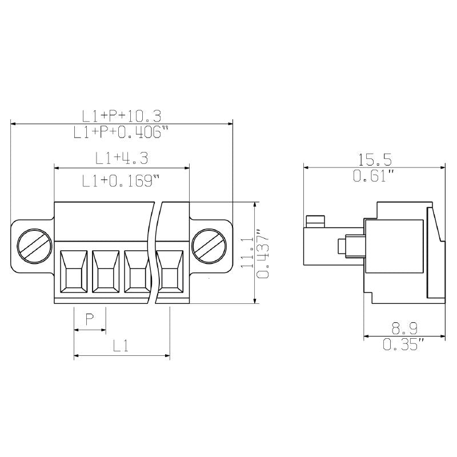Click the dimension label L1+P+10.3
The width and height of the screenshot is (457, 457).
coord(122,116)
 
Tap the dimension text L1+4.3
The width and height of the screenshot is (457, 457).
coord(122,158)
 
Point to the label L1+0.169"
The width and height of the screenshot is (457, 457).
coord(120,181)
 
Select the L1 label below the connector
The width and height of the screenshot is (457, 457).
coord(120,345)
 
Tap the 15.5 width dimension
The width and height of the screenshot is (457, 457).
coord(375,158)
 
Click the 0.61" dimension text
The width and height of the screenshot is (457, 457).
coord(374,176)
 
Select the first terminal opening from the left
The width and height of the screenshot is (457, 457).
coord(74,273)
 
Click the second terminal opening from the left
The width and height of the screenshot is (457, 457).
coord(105,273)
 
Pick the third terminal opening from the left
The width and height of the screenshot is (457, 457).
coord(137,273)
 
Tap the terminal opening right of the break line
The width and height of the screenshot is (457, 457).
coord(169,273)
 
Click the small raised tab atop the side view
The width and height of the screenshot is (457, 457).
coord(315,221)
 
